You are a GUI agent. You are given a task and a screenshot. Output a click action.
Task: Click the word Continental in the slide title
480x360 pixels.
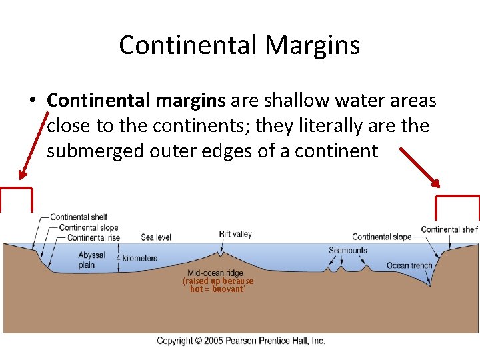189,45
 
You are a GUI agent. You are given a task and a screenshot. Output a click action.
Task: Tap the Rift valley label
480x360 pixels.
235,234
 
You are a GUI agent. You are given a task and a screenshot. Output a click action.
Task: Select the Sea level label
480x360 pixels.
156,237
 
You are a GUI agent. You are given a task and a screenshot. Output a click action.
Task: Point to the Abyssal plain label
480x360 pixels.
91,260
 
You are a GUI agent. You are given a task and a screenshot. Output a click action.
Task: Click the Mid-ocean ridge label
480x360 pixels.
215,273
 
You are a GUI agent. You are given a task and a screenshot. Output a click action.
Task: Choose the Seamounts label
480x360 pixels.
347,251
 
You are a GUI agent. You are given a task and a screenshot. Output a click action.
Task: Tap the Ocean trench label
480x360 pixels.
409,265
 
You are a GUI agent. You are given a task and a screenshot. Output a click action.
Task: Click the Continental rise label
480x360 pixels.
94,238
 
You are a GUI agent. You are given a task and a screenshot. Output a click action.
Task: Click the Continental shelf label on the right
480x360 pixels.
449,229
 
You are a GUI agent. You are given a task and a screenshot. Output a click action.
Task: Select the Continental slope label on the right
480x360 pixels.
381,237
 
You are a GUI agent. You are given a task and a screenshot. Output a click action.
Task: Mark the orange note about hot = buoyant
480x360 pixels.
218,285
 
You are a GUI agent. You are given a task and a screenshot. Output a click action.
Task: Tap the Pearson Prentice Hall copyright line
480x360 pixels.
241,341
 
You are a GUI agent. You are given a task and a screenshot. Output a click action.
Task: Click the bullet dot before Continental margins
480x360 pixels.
32,101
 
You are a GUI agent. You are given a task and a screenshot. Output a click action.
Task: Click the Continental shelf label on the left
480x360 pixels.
79,217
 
